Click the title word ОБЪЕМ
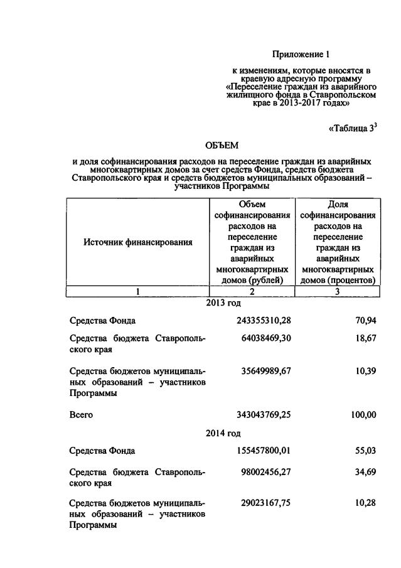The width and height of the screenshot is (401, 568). (x=222, y=146)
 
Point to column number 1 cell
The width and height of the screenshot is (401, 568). (x=138, y=291)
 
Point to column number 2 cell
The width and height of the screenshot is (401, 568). (x=252, y=291)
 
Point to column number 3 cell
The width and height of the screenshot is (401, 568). (x=338, y=291)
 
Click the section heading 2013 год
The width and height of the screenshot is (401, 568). (x=223, y=303)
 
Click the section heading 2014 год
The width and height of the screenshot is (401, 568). (x=223, y=433)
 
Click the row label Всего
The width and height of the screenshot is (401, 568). (x=82, y=415)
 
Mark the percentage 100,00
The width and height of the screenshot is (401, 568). (x=362, y=415)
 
